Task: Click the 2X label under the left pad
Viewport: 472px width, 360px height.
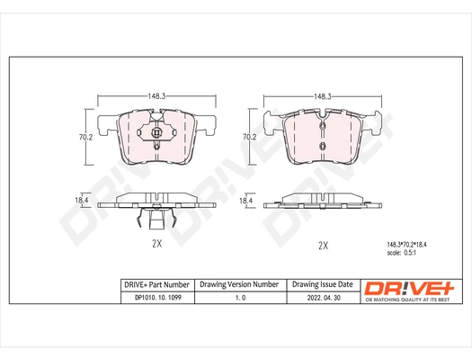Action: (156, 243)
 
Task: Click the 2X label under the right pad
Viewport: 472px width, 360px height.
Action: (322, 245)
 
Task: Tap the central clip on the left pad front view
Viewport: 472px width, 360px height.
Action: (156, 137)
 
